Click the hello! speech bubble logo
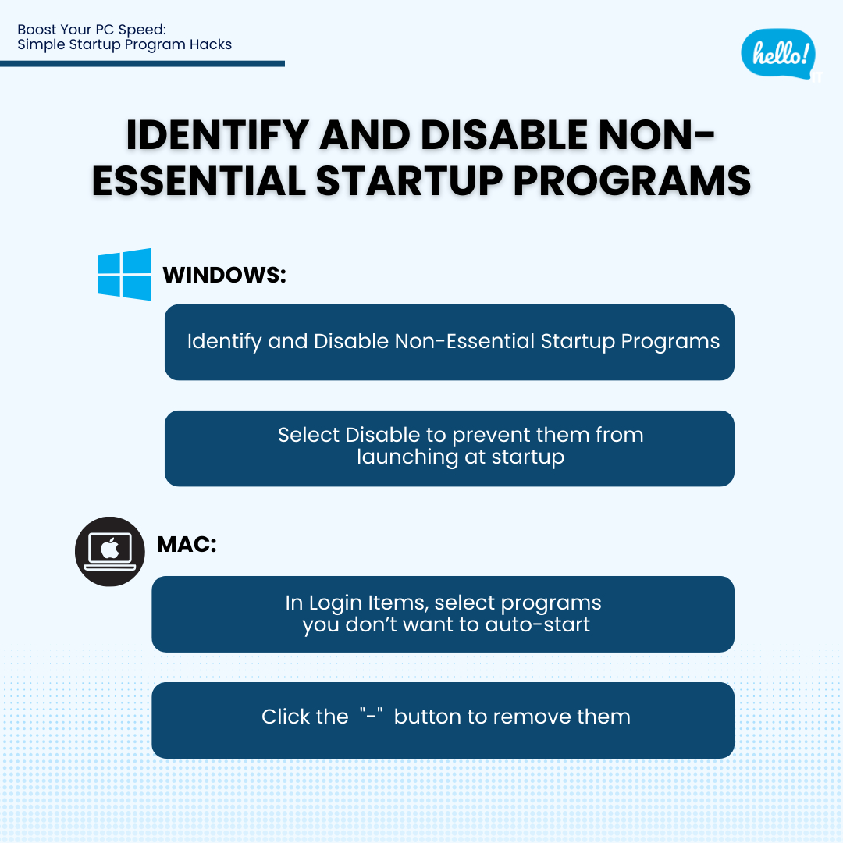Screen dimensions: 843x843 (x=778, y=54)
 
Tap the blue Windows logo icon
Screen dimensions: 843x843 (x=125, y=274)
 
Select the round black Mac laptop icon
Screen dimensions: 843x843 (x=110, y=551)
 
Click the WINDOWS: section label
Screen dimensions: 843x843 (x=225, y=276)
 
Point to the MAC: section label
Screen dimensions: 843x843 (x=187, y=544)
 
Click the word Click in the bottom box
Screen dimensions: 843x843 (x=286, y=717)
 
